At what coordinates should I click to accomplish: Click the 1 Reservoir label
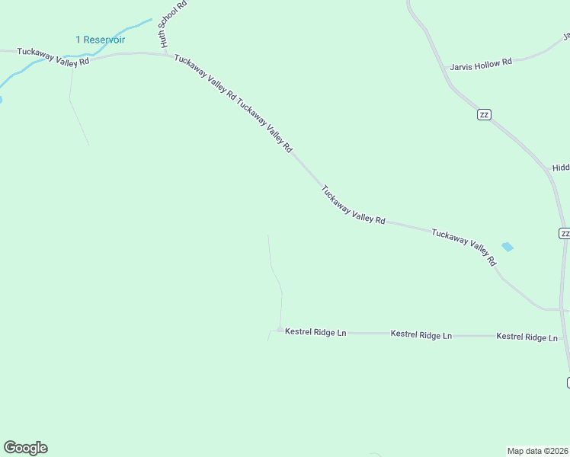100,40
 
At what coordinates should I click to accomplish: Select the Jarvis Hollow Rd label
481,65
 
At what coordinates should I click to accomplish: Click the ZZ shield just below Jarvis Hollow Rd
484,114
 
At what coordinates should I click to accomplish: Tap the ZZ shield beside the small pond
564,233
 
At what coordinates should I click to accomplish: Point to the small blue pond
508,247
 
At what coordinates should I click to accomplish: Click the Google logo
25,448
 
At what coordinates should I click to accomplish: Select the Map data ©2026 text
538,450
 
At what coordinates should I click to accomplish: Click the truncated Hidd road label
561,168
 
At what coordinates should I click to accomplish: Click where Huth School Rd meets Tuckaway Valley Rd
163,53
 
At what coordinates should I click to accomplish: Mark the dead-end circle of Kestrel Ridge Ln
280,330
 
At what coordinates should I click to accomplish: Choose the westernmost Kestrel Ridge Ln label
315,333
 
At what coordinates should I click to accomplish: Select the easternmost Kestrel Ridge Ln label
527,337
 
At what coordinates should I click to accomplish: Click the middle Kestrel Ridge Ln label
421,334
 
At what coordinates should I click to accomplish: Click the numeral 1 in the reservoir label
78,40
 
